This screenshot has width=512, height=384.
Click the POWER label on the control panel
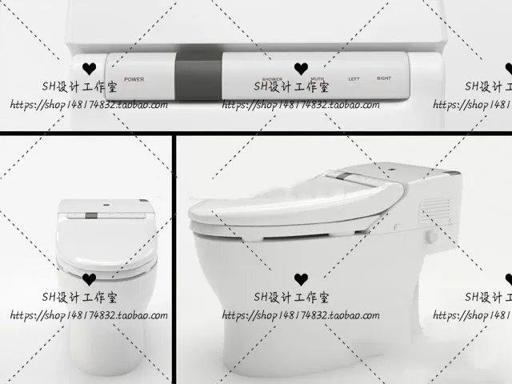134,79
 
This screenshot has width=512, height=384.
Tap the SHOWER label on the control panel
272,78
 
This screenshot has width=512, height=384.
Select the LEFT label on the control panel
354,78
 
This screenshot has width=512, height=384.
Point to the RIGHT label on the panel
384,78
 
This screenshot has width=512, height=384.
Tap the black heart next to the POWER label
90,69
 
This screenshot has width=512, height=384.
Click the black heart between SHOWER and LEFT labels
300,69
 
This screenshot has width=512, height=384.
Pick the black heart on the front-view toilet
89,279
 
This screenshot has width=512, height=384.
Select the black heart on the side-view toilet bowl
300,279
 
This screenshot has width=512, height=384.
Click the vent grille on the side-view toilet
435,209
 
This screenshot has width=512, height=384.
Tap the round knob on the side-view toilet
432,237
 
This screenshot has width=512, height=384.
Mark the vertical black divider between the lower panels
174,256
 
